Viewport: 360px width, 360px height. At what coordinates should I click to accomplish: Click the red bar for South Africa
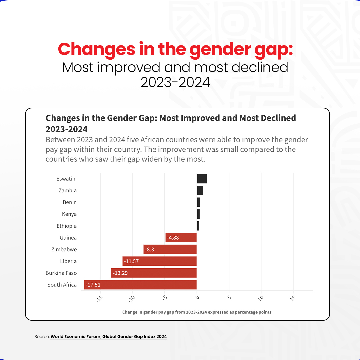tap(140, 285)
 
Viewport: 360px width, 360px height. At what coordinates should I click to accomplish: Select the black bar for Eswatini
tap(202, 179)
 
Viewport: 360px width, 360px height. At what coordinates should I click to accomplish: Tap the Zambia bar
tap(200, 190)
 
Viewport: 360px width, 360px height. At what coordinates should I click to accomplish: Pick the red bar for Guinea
tap(181, 238)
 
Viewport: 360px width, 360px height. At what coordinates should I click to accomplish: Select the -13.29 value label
tap(120, 273)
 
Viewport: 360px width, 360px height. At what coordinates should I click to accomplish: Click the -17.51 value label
tap(93, 285)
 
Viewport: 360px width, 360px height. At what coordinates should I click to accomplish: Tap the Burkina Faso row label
tap(61, 273)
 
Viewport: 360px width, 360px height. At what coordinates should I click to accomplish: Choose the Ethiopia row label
tap(67, 226)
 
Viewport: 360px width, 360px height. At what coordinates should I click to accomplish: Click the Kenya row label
tap(69, 214)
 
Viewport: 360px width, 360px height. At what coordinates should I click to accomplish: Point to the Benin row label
tap(70, 202)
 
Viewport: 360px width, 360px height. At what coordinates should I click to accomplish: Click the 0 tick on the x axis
tap(197, 296)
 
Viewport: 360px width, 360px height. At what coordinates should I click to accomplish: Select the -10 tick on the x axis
tap(132, 298)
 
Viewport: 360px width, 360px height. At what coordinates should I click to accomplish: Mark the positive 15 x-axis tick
tap(293, 298)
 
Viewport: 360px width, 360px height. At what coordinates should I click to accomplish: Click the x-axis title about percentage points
tap(197, 312)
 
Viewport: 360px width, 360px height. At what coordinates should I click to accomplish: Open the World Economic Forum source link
tap(108, 337)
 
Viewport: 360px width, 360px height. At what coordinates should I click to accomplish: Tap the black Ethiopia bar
tap(198, 226)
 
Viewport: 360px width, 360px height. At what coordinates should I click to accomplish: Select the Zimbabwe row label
tap(64, 249)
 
